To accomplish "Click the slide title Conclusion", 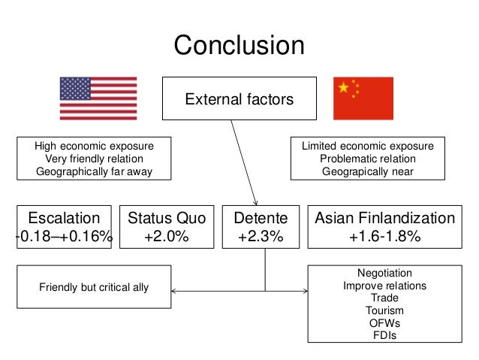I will point(239,45).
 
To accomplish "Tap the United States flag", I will point(98,98).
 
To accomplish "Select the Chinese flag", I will point(363,98).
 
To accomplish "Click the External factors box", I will point(239,99).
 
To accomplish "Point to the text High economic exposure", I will point(95,147).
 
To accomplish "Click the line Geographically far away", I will point(95,171).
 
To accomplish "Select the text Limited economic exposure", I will point(368,147).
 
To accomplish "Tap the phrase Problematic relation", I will point(368,159).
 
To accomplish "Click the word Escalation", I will point(64,218).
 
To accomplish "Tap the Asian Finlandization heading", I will point(384,218).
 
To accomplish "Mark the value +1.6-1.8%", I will point(384,237).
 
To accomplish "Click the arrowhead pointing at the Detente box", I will point(257,201).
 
